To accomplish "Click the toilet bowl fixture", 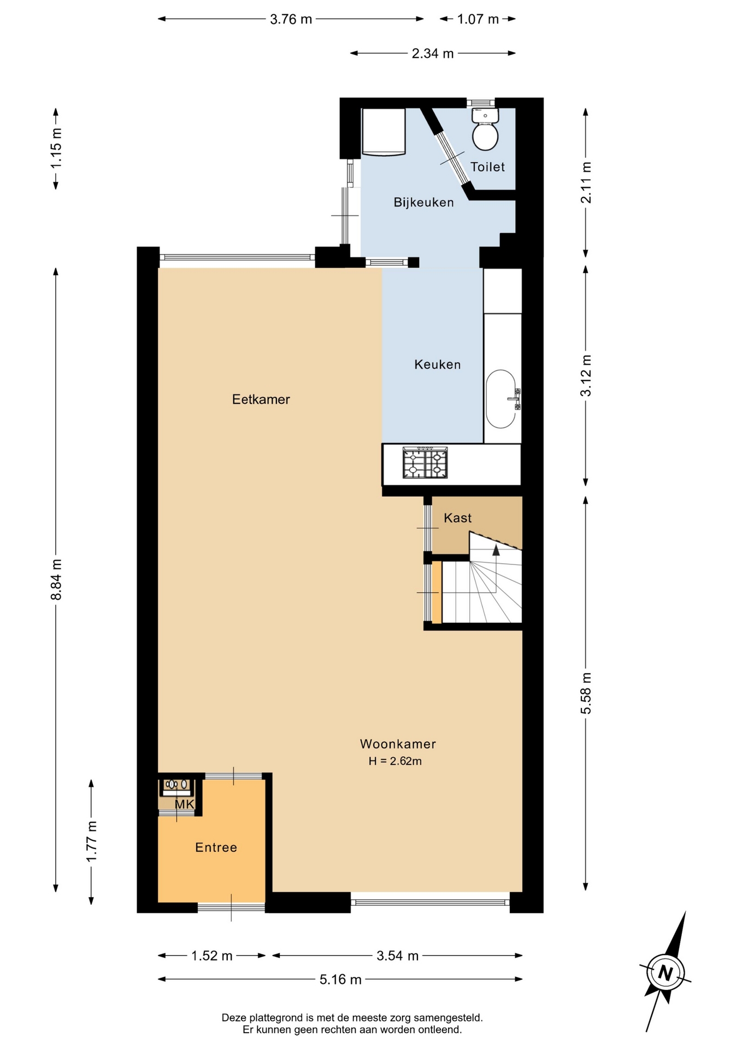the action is (x=485, y=129).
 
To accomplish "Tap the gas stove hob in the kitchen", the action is (x=425, y=463).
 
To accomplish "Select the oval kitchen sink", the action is (x=501, y=399).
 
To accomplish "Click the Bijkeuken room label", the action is (x=423, y=203).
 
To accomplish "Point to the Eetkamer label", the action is (x=261, y=399).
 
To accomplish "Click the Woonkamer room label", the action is (x=398, y=744).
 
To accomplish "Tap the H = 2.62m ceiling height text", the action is (x=395, y=761).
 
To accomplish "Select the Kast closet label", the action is (x=457, y=518).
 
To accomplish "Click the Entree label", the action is (x=216, y=847).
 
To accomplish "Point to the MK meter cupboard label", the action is (x=185, y=804).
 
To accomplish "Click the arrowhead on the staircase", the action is (x=496, y=550).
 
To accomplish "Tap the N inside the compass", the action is (x=665, y=973).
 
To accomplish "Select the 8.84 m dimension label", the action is (x=56, y=580).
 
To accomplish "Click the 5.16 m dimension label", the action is (x=340, y=980).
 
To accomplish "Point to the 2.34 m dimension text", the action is (x=433, y=54).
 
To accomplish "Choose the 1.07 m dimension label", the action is (x=478, y=19).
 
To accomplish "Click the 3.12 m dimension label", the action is (x=586, y=376).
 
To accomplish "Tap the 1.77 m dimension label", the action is (x=91, y=841).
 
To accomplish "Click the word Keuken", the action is (x=437, y=364).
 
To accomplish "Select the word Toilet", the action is (x=487, y=167).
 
